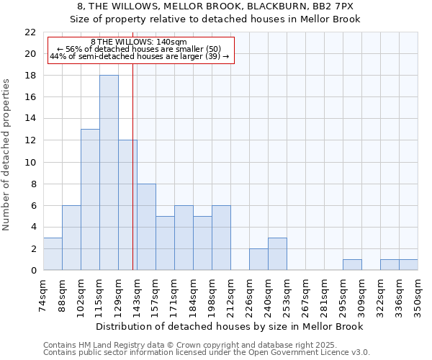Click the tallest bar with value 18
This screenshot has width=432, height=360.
pos(109,173)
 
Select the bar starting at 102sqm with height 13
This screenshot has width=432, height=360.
pos(90,199)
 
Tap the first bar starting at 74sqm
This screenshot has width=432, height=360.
pos(53,254)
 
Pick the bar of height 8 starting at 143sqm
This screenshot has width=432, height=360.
pos(146,227)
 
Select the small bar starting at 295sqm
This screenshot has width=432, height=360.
pos(352,265)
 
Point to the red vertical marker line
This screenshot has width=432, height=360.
pos(133,180)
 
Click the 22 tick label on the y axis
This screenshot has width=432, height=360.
pos(30,32)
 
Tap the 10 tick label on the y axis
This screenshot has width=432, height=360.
pos(30,162)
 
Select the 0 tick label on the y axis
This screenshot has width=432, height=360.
pos(33,271)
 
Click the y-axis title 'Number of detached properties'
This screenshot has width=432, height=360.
pos(7,155)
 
